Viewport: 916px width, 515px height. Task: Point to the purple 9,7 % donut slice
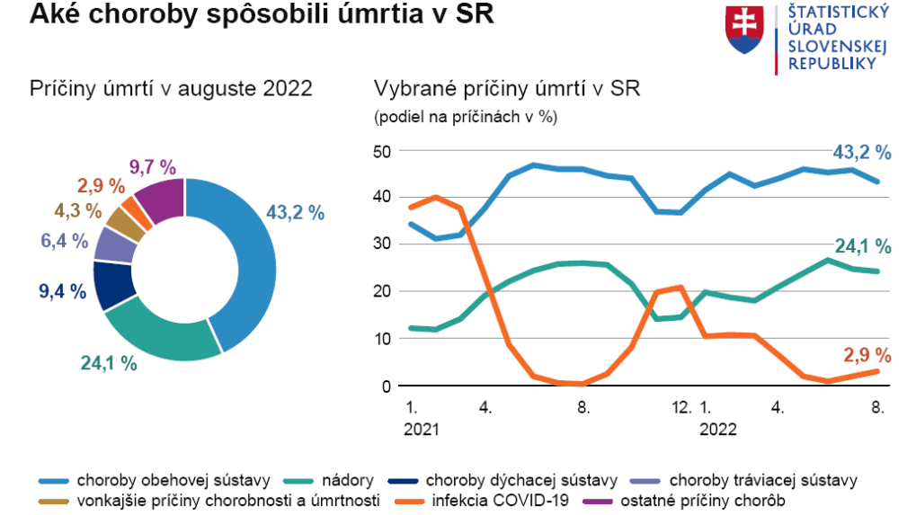click(x=159, y=200)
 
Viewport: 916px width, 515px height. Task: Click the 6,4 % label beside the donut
click(x=65, y=241)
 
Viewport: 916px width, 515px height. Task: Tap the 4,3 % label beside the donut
click(x=78, y=211)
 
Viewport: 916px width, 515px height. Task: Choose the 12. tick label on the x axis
click(x=681, y=407)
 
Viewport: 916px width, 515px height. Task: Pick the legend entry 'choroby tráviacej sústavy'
click(x=763, y=479)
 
